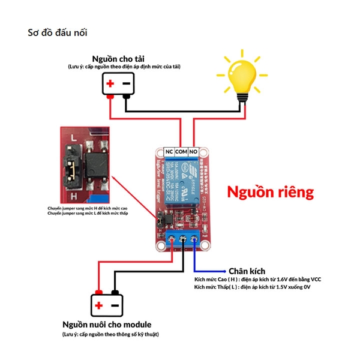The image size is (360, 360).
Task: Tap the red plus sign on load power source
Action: click(x=110, y=83)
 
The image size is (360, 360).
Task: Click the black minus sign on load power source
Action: click(x=127, y=83)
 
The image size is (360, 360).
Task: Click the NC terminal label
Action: click(x=169, y=152)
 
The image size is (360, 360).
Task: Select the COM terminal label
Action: click(x=182, y=152)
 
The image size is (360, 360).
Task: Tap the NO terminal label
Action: click(x=194, y=152)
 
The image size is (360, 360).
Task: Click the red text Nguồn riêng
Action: click(x=269, y=192)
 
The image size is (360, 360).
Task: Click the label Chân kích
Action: click(x=247, y=271)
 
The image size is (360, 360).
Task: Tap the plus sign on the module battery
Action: click(x=98, y=306)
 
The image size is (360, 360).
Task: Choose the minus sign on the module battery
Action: click(x=115, y=306)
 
